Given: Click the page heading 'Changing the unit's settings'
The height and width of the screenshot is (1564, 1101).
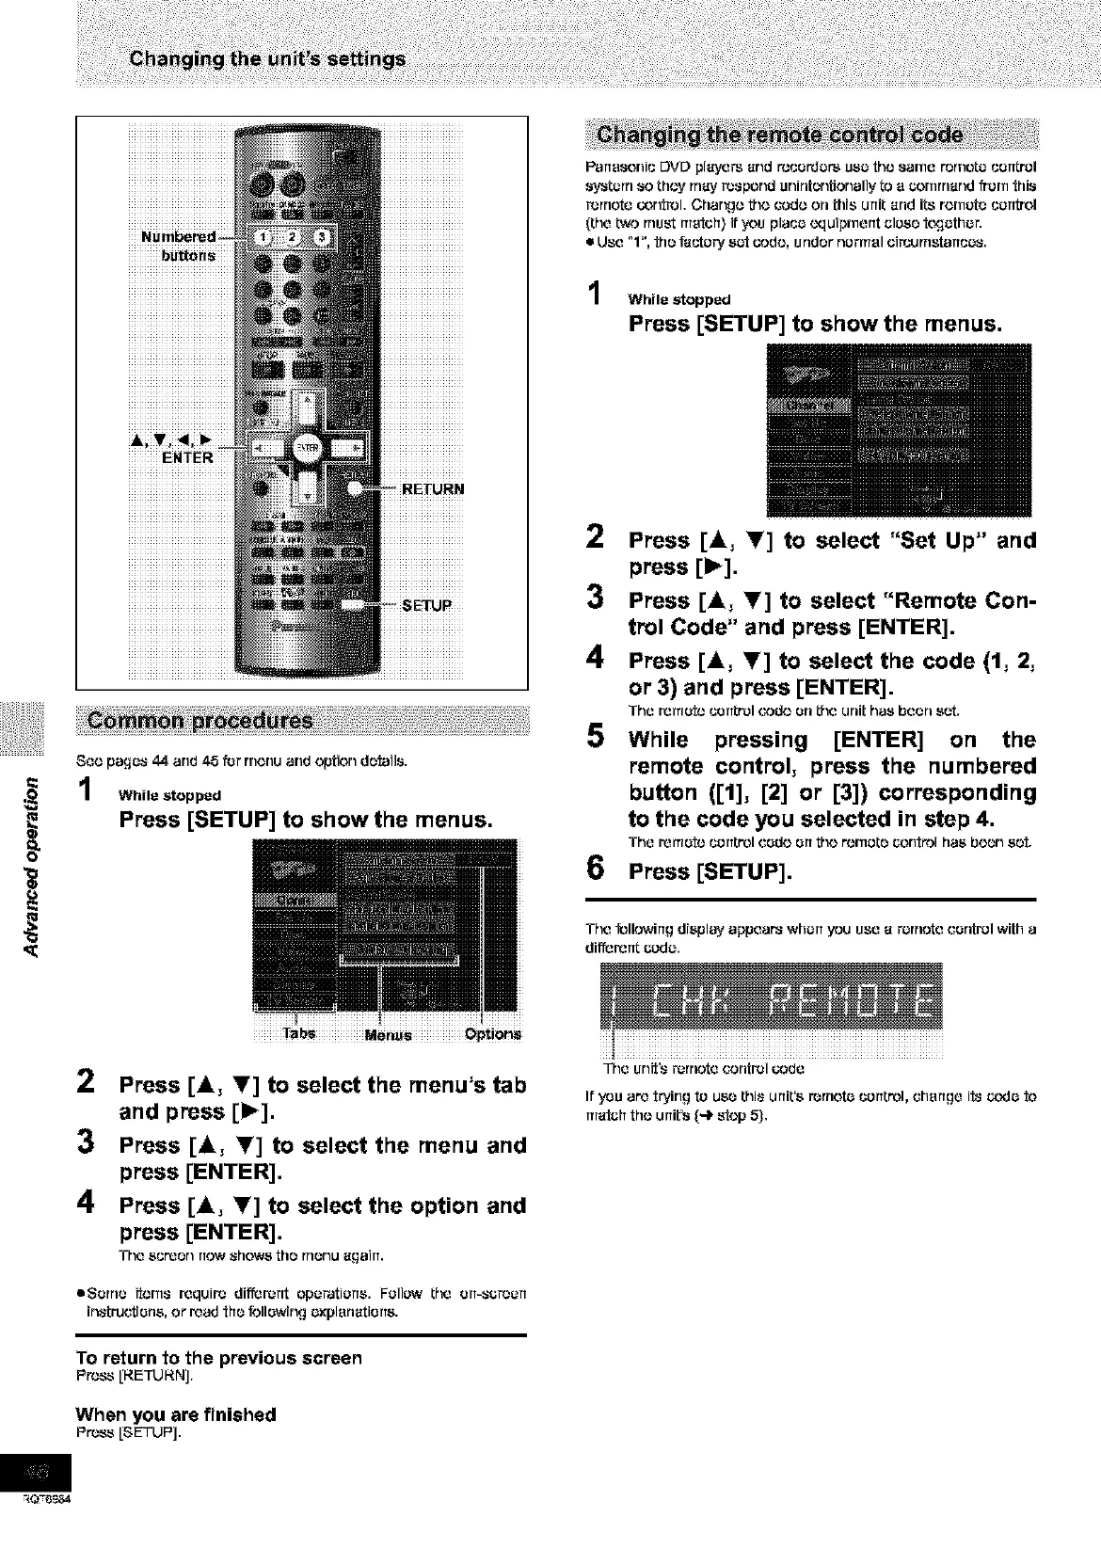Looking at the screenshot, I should point(266,59).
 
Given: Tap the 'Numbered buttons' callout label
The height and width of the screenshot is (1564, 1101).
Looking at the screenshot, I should point(178,246).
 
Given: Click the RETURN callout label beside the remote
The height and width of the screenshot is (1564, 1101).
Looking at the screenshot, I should point(433,489).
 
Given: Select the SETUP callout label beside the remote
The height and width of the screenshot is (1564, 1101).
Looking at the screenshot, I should point(427,605).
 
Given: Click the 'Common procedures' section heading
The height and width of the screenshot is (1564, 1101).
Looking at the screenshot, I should point(199,722).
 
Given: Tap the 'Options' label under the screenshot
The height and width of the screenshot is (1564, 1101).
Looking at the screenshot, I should point(493,1034).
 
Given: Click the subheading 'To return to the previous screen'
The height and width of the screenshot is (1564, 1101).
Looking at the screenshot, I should point(218,1358).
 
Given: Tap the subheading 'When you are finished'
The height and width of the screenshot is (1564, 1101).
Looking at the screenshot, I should point(176,1414).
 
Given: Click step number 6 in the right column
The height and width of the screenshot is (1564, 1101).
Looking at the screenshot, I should point(595,870).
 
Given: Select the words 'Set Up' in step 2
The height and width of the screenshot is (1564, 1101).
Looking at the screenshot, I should point(940,541).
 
